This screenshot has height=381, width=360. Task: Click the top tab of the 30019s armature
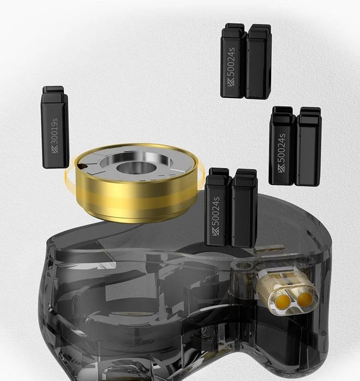click(54, 90)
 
